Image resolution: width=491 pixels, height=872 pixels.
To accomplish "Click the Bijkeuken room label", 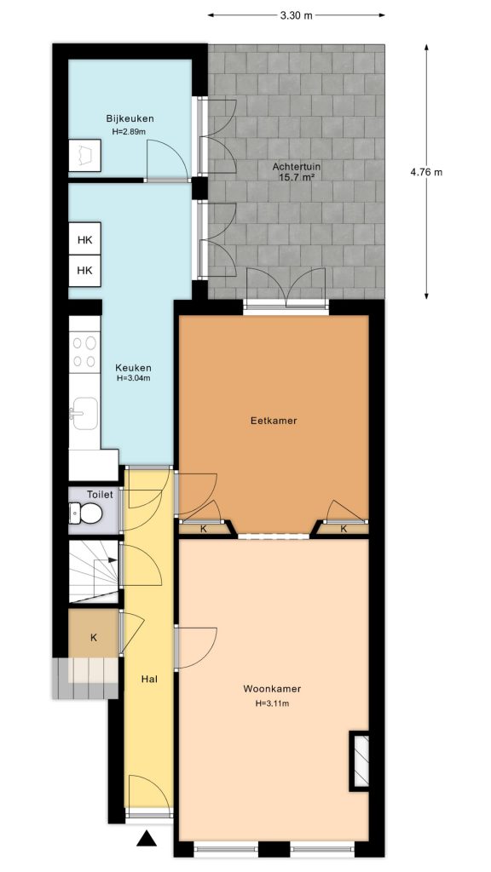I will click(130, 118).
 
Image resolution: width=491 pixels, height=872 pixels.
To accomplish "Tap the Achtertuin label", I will click(292, 166).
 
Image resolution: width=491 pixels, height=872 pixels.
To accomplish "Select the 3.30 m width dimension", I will click(296, 15).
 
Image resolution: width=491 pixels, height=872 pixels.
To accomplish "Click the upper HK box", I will click(84, 240).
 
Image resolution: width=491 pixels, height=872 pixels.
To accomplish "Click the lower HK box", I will click(84, 270).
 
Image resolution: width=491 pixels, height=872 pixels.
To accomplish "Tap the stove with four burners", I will click(84, 353).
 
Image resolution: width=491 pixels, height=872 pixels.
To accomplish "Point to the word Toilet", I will click(100, 494).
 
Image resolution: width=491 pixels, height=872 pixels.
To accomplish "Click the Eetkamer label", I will click(273, 421).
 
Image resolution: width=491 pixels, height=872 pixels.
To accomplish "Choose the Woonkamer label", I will click(272, 689).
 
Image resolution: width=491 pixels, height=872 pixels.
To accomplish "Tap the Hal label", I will click(148, 679).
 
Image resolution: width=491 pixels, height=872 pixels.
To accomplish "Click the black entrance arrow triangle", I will click(147, 840).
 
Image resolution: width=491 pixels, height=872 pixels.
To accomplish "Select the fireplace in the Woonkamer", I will click(360, 760).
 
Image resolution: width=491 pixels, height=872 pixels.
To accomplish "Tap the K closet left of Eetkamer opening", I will click(203, 529).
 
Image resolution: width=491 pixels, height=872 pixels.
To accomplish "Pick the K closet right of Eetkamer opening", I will click(344, 529).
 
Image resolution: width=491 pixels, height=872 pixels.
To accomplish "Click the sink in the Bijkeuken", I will click(84, 156).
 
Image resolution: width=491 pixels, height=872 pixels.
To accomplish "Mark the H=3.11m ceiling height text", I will click(272, 704).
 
